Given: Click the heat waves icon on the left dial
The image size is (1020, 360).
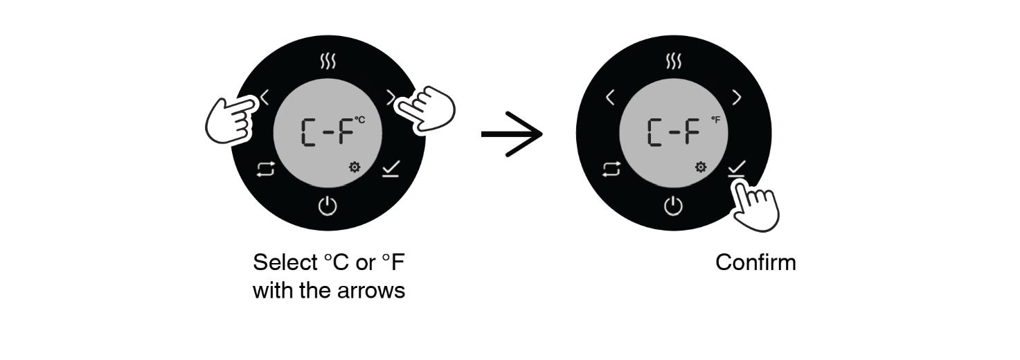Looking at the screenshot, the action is coord(328,61).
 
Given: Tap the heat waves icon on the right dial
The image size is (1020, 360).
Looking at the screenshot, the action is coord(674,61).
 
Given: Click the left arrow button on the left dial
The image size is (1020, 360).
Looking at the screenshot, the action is coord(265,98).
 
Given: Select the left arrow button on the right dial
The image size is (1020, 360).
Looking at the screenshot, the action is coord(610,98).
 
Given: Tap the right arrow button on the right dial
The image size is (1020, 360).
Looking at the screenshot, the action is coord(737,98).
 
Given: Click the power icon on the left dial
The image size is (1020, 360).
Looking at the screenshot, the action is coord(328,206).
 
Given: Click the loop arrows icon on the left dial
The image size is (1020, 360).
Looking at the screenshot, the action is coord(266,170).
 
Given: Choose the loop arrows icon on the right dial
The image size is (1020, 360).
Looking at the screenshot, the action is coord(611,170).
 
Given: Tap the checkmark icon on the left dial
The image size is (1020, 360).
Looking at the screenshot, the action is coord(391,168).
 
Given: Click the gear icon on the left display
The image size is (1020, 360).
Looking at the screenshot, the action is coord(355,167).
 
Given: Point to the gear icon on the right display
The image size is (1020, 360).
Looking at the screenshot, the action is coord(701,167).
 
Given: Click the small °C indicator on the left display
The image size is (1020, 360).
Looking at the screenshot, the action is coord(359,120).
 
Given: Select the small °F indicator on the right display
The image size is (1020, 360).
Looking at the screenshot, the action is coord(716,120).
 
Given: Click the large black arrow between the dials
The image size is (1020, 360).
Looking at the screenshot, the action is coord(512,134).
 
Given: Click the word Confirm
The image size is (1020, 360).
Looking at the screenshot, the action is coord(755,262).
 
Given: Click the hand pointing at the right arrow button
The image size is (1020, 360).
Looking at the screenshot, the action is coord(426,109).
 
